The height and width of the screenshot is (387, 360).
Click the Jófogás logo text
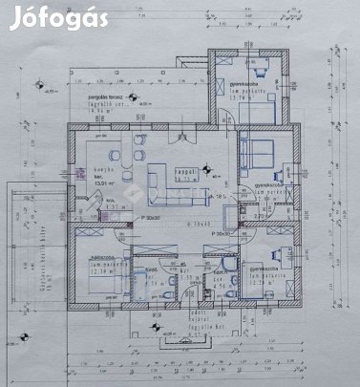click(x=56, y=19)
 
